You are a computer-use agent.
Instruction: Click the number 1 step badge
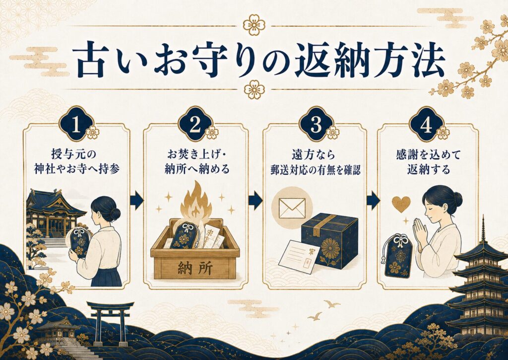pyautogui.click(x=76, y=125)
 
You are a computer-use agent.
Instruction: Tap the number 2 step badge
pyautogui.click(x=195, y=125)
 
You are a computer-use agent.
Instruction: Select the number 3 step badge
pyautogui.click(x=316, y=125)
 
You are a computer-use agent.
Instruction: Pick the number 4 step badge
pyautogui.click(x=426, y=125)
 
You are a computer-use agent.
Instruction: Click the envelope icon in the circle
pyautogui.click(x=292, y=208)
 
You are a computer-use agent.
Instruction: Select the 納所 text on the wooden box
pyautogui.click(x=195, y=269)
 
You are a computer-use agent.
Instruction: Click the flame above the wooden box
pyautogui.click(x=196, y=201)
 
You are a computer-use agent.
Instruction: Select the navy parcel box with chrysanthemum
pyautogui.click(x=330, y=239)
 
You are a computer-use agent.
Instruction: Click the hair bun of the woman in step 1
pyautogui.click(x=115, y=214)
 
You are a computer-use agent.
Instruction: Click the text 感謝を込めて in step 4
pyautogui.click(x=428, y=155)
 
